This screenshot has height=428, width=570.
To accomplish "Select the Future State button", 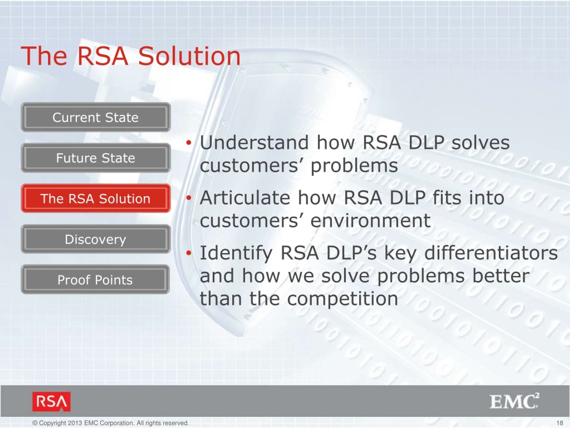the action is click(96, 158).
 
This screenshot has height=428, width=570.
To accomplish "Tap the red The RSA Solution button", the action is click(96, 198).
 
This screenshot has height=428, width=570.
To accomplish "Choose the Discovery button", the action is click(96, 239).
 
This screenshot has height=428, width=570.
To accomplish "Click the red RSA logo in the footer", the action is click(51, 402).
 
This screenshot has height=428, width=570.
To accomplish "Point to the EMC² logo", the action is click(514, 401).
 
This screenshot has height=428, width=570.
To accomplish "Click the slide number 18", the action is click(560, 423).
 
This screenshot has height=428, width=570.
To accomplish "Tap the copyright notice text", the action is click(111, 423).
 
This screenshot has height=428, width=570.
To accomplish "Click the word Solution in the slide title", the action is click(189, 56).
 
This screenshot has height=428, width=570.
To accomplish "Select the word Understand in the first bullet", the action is click(254, 142).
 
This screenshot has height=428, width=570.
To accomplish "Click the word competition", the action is click(342, 299).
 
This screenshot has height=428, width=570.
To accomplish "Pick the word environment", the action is click(370, 221).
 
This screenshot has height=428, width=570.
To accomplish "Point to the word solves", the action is click(480, 142).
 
